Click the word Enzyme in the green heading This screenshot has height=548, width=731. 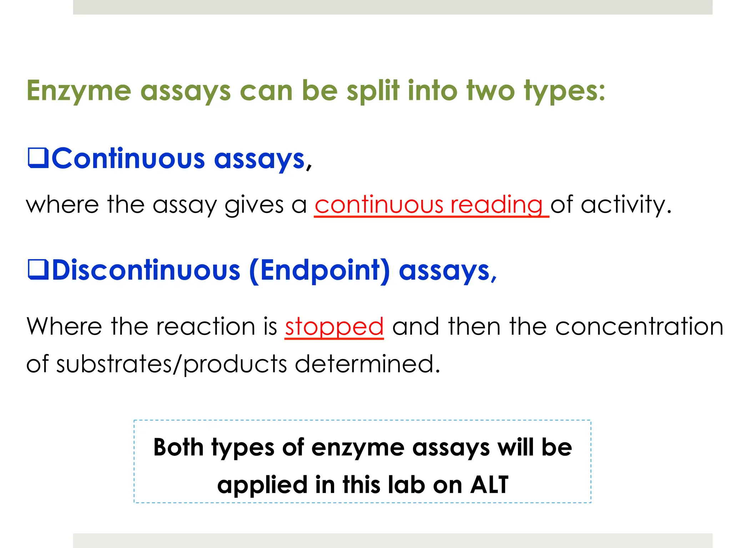click(x=79, y=91)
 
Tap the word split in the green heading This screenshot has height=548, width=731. click(x=373, y=91)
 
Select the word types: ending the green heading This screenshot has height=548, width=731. click(x=564, y=91)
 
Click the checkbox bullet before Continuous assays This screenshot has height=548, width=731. click(x=38, y=158)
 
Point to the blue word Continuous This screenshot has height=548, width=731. click(x=128, y=158)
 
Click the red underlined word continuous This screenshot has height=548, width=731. click(x=379, y=205)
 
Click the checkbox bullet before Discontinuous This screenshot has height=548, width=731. click(x=38, y=270)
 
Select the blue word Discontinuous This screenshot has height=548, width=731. click(x=146, y=270)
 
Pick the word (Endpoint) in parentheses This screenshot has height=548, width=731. click(x=319, y=271)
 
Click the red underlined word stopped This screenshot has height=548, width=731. click(x=334, y=327)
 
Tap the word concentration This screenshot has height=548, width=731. click(x=639, y=326)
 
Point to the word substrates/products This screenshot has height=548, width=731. click(x=171, y=364)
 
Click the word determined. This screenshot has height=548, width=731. click(x=368, y=364)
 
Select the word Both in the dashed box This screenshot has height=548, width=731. click(x=178, y=447)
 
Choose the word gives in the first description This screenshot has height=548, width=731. click(x=254, y=205)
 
